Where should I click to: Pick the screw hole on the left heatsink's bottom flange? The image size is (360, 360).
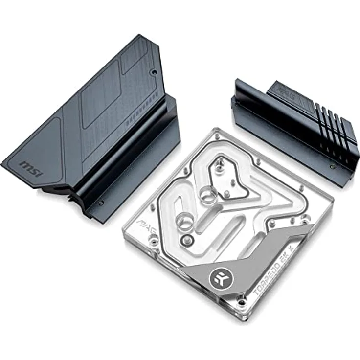pyautogui.click(x=101, y=202)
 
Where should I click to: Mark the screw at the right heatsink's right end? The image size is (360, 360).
pyautogui.click(x=333, y=167)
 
